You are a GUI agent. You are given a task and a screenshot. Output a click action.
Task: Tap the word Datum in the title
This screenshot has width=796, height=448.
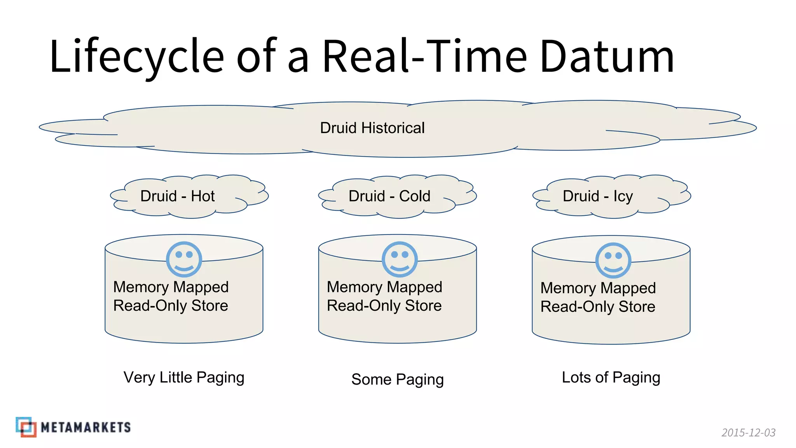(x=607, y=56)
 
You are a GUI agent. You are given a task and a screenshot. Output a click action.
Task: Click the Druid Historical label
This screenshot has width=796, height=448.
(x=372, y=128)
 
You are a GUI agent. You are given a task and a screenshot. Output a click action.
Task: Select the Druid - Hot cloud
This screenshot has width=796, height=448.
(x=189, y=196)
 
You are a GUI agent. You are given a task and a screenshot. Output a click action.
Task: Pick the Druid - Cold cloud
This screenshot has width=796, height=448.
(x=397, y=196)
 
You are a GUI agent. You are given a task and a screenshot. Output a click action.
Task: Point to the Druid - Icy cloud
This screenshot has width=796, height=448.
(x=611, y=196)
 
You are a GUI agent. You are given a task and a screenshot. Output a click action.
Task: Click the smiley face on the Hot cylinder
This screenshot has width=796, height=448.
(x=184, y=259)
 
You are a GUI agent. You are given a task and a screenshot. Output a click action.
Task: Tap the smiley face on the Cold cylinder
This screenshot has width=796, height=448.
(x=400, y=259)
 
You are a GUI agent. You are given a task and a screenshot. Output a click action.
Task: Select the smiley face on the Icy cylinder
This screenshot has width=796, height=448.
(x=613, y=261)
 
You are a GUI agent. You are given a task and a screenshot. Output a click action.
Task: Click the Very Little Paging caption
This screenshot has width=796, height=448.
(x=184, y=377)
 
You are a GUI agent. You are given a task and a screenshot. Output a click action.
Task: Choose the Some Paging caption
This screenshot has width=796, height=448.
(x=397, y=379)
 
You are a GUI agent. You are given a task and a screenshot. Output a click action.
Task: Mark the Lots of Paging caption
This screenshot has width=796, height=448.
(x=611, y=377)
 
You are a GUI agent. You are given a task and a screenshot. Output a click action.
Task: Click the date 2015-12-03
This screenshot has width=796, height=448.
(x=748, y=432)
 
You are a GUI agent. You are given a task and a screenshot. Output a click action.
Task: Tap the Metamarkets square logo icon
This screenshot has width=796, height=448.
(x=26, y=427)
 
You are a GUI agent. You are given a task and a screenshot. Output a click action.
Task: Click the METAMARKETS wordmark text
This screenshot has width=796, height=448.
(x=86, y=427)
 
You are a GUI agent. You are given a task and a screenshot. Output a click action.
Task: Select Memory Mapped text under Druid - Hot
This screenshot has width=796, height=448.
(x=171, y=287)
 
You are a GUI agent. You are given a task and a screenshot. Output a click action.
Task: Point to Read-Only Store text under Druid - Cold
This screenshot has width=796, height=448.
(x=384, y=306)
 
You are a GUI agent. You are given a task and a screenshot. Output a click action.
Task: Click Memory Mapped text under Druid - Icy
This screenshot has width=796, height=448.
(x=598, y=288)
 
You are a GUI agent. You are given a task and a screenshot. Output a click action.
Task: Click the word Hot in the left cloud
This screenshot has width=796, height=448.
(x=202, y=196)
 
